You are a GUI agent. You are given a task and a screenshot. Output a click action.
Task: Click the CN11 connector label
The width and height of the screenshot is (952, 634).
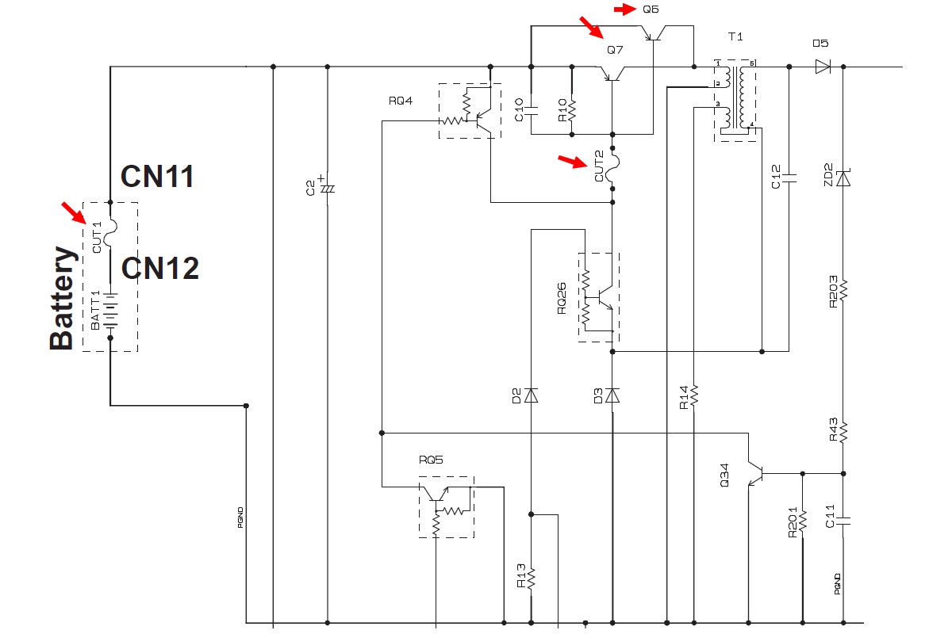tap(157, 176)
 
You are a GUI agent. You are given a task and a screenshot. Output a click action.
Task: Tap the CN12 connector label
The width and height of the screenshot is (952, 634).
tap(159, 269)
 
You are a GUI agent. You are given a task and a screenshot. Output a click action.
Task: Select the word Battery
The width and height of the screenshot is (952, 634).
tap(63, 298)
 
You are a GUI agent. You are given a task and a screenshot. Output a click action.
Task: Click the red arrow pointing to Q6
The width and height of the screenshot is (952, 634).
tap(625, 10)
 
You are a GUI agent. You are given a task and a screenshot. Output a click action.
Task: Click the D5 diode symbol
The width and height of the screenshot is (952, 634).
tap(823, 67)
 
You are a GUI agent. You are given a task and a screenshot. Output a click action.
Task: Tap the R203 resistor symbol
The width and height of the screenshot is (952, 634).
tap(843, 290)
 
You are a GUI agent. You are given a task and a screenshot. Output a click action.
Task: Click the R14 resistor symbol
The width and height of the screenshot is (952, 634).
tap(694, 394)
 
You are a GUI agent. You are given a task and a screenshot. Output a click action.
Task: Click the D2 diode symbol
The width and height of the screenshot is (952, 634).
tap(532, 395)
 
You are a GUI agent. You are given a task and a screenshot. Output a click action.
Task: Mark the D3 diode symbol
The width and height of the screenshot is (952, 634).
tap(612, 395)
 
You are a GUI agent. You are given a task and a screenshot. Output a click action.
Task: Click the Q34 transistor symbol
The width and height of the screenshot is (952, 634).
tap(754, 473)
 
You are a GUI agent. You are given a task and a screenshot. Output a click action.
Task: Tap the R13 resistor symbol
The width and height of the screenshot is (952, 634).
tap(532, 577)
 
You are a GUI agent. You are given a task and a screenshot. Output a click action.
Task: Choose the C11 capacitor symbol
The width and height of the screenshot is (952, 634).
tap(843, 521)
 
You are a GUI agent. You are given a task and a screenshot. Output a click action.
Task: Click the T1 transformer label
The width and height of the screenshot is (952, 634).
tap(735, 37)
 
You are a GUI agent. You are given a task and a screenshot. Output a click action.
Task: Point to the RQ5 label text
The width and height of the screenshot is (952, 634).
tap(431, 460)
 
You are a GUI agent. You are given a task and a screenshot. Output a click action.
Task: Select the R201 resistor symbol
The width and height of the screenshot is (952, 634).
tap(802, 521)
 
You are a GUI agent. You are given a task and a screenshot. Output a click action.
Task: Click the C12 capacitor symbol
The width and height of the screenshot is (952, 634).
tap(789, 179)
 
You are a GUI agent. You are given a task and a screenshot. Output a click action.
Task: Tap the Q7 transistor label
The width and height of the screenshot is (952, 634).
tap(615, 50)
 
